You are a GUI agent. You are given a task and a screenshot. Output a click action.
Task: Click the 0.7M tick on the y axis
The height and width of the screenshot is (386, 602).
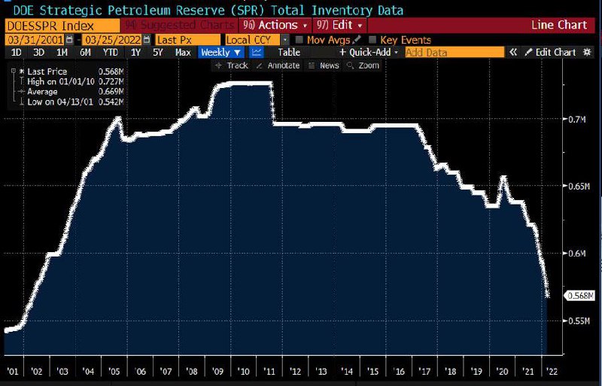(576, 119)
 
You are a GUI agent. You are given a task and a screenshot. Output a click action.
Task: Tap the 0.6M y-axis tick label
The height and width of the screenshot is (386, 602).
(576, 253)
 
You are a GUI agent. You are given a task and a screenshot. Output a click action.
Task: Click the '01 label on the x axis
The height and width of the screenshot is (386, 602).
(12, 371)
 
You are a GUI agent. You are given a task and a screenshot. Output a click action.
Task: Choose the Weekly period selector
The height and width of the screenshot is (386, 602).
(221, 52)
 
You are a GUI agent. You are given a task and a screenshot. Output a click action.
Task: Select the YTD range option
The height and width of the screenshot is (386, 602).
(110, 52)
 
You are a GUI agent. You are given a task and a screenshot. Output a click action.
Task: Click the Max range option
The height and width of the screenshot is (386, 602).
(183, 52)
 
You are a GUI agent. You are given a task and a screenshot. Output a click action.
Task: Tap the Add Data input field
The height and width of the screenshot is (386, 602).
(455, 52)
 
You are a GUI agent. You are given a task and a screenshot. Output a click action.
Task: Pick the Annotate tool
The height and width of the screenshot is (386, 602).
(278, 65)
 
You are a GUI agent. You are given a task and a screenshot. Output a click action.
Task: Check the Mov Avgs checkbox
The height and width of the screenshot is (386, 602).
(301, 39)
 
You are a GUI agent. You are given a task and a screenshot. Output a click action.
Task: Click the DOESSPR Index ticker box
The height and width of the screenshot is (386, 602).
(38, 25)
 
